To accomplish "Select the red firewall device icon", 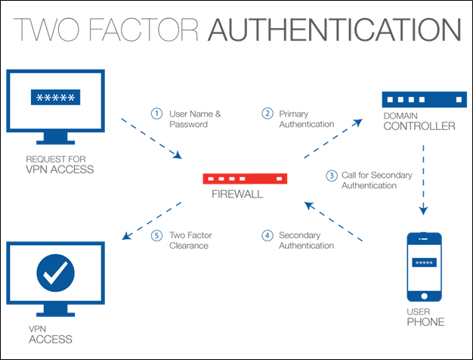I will pyautogui.click(x=246, y=179).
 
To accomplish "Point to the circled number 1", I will pyautogui.click(x=156, y=113).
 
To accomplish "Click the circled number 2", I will pyautogui.click(x=267, y=113).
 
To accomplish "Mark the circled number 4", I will pyautogui.click(x=267, y=235).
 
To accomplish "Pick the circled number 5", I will pyautogui.click(x=156, y=235).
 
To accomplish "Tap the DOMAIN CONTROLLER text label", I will pyautogui.click(x=418, y=122).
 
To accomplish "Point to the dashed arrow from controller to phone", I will pyautogui.click(x=423, y=175).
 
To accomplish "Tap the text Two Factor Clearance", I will pyautogui.click(x=190, y=240).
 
